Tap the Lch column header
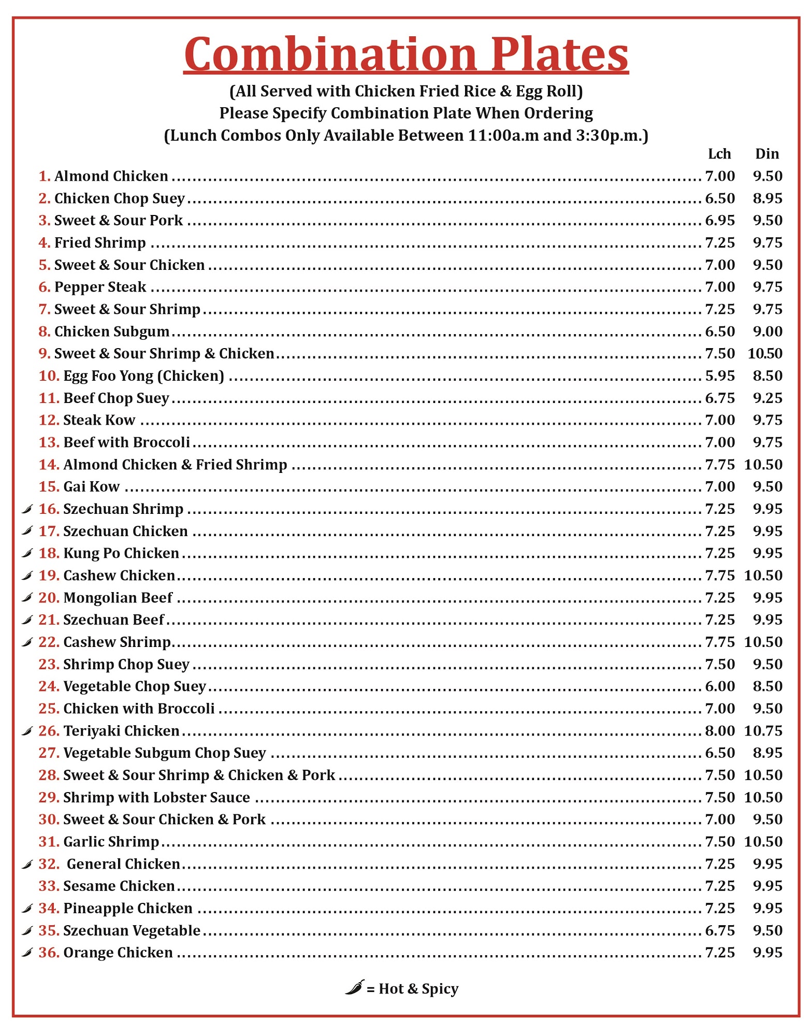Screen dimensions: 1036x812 click(x=719, y=154)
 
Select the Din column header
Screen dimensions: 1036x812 click(x=767, y=154)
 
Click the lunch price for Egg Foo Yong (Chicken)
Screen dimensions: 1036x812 click(x=720, y=376)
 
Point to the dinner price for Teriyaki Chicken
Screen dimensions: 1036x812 click(x=763, y=730)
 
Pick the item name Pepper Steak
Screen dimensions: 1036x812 click(x=100, y=287)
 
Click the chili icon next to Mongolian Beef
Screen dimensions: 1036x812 click(x=27, y=598)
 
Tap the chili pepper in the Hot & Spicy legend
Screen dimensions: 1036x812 click(x=354, y=988)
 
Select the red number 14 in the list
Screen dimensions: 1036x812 click(x=49, y=465)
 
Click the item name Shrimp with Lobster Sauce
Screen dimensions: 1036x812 click(x=156, y=797)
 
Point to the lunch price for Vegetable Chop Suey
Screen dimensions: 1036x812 click(x=720, y=686)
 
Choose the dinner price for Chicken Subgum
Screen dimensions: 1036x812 click(x=767, y=332)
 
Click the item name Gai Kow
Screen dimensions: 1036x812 click(x=91, y=486)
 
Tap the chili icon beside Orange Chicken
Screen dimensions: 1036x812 click(x=27, y=953)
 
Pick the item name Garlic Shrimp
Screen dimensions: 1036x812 click(x=111, y=842)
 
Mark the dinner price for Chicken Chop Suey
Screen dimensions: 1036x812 click(x=767, y=198)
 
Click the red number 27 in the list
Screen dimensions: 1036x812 click(x=49, y=753)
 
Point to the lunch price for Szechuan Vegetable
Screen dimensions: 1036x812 click(x=720, y=930)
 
